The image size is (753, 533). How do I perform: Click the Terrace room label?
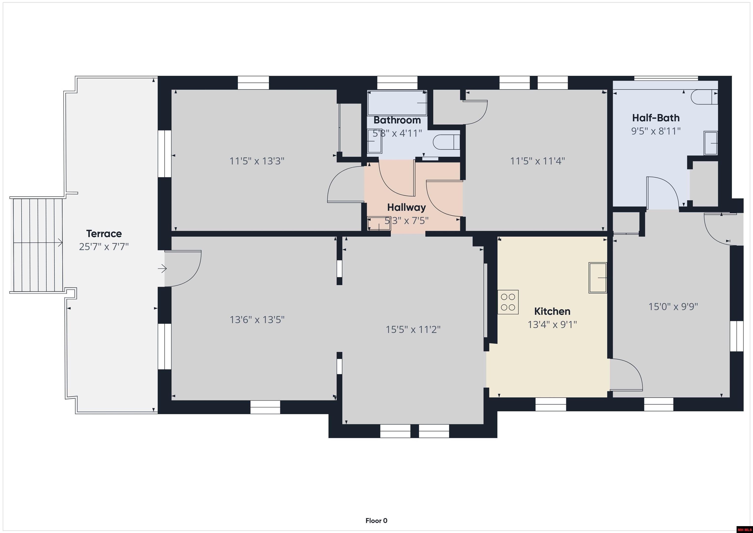point(104,234)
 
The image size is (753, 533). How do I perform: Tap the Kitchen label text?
point(552,311)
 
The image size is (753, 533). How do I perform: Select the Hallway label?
point(406,208)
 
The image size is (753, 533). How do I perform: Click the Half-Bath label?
point(656,117)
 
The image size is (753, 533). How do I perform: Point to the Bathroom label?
point(397,120)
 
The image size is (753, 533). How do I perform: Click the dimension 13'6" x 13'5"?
point(257,319)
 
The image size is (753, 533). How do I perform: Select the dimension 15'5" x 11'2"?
point(413,329)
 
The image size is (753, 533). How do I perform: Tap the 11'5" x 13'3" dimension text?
point(257,161)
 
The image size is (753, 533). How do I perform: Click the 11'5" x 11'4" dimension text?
point(538,161)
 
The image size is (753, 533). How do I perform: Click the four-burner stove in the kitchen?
point(508,302)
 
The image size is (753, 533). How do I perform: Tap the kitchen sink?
point(598,278)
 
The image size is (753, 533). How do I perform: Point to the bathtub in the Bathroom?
point(397,103)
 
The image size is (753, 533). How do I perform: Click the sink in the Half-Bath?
point(711,143)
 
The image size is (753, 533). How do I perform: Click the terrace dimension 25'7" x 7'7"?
point(104,247)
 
